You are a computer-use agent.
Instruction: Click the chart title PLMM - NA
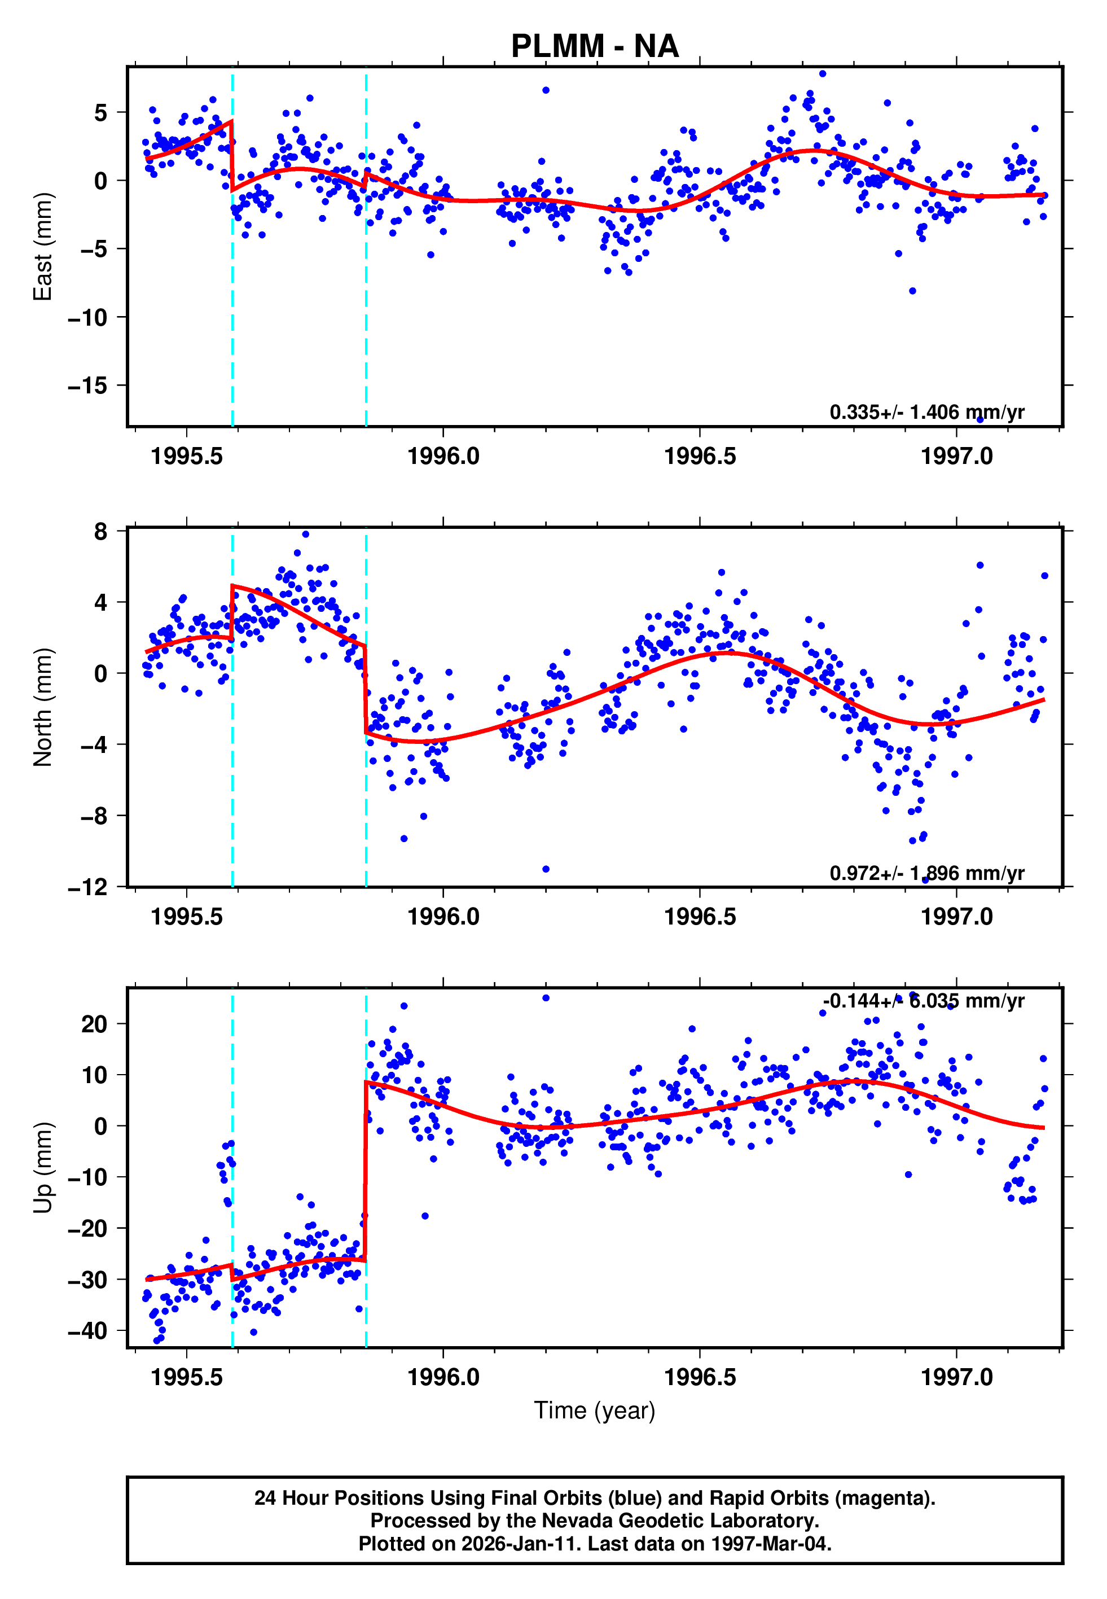pos(595,46)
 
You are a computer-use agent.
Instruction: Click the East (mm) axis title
pos(43,247)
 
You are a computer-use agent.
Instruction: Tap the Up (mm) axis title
pos(43,1168)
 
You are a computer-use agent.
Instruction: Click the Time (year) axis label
pos(595,1410)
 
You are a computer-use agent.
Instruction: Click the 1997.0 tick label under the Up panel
pos(956,1377)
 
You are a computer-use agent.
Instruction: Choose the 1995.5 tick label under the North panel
pos(187,917)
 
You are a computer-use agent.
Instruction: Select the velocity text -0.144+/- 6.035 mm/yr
pos(923,1001)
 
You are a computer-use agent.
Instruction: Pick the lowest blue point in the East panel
pos(980,420)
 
